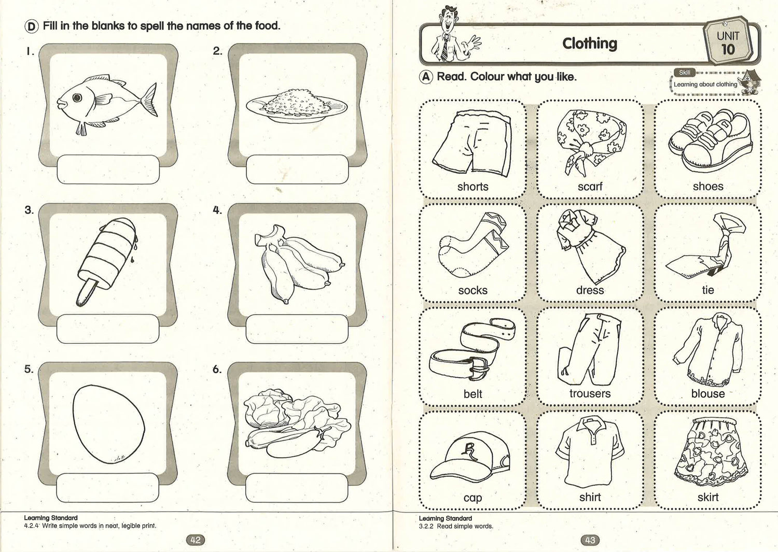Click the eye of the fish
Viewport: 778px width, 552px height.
click(x=77, y=98)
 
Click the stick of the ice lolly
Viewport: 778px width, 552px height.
click(x=86, y=293)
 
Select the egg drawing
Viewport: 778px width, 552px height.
click(x=109, y=424)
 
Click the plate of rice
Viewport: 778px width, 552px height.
click(x=297, y=106)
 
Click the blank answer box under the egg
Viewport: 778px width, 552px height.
click(x=108, y=487)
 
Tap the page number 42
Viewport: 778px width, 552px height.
click(x=196, y=540)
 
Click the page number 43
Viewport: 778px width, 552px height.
click(x=590, y=540)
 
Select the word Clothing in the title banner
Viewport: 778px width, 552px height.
click(x=590, y=44)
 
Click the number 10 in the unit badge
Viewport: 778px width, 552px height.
click(x=728, y=50)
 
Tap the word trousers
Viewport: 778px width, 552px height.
click(x=590, y=393)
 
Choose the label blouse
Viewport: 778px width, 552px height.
click(x=708, y=393)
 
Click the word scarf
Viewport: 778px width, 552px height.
click(x=590, y=187)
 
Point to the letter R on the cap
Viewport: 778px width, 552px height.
click(x=469, y=449)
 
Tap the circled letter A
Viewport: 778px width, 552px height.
click(x=426, y=77)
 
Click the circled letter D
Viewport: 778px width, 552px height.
click(x=31, y=26)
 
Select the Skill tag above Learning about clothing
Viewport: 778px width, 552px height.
click(x=685, y=73)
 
